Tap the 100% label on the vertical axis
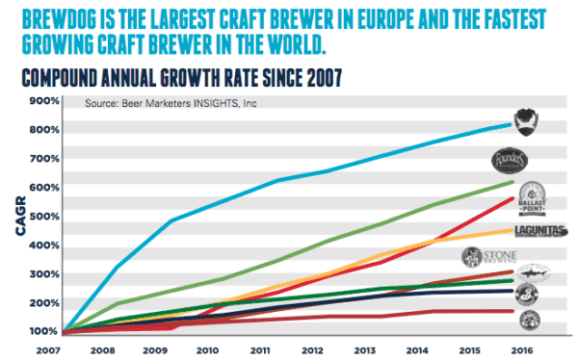(43, 331)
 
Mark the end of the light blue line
(509, 124)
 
